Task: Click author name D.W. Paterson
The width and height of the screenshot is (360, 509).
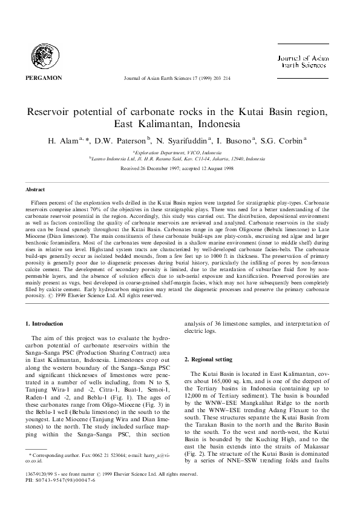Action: [x=120, y=142]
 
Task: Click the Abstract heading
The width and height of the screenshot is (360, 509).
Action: [x=34, y=189]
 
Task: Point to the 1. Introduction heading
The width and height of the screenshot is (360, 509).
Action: [x=46, y=325]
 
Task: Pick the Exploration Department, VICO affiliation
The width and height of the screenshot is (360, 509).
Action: [x=179, y=153]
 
